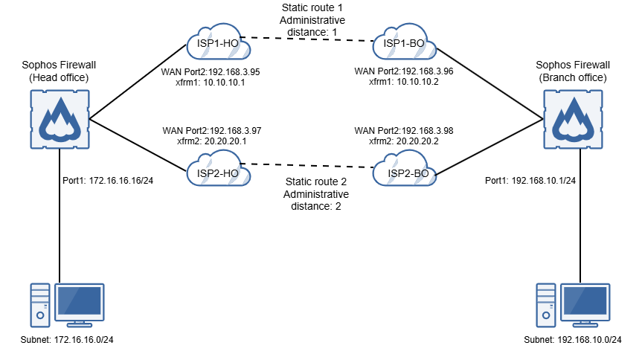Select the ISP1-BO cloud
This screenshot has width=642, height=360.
404,44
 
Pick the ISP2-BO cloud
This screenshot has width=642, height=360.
404,172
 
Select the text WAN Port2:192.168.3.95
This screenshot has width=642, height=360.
211,72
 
